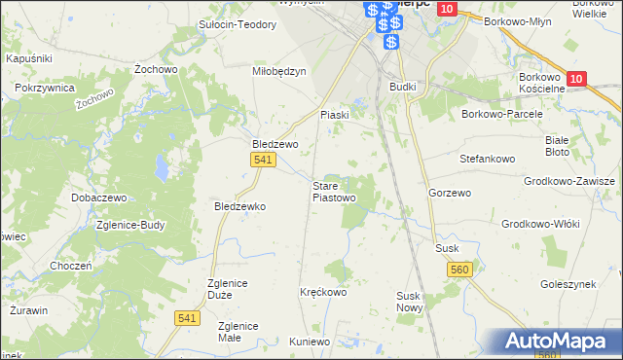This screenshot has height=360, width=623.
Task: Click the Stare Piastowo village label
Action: (334, 192)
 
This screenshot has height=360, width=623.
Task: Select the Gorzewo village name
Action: (450, 194)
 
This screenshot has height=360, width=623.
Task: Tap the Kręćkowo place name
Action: (323, 291)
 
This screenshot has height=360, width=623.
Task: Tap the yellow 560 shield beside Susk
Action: (460, 270)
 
